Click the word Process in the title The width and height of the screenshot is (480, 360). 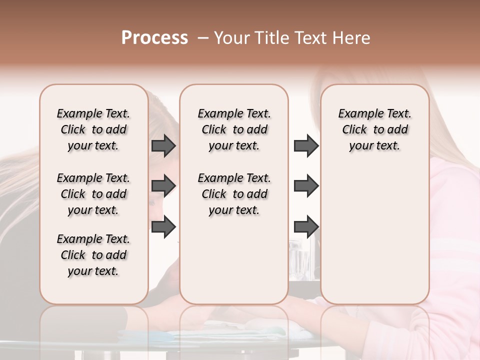click(x=154, y=38)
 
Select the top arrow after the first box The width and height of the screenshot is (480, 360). click(x=163, y=146)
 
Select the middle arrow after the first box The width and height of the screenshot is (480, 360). click(x=163, y=186)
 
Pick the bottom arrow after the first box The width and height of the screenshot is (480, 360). click(x=163, y=227)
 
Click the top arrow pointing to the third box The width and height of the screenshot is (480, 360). click(x=306, y=146)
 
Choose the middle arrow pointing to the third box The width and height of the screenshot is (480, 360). click(x=306, y=186)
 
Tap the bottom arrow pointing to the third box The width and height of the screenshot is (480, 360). click(x=306, y=227)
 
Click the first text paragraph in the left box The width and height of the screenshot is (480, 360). click(x=93, y=129)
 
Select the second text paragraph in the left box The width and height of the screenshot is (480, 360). click(x=93, y=194)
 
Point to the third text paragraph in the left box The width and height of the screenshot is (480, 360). click(x=93, y=255)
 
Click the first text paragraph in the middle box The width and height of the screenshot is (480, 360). click(x=234, y=129)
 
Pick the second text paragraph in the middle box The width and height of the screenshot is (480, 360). click(x=234, y=194)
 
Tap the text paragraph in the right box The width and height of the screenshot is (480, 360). click(x=375, y=129)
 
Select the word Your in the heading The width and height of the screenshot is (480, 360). click(x=230, y=38)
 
